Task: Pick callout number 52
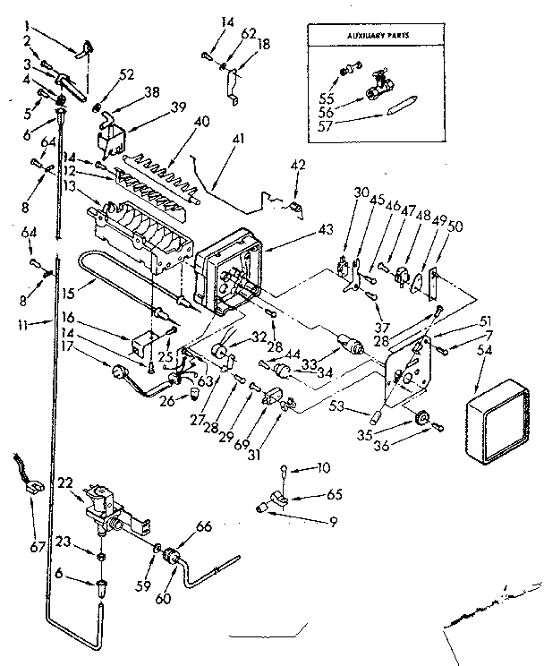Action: tap(127, 74)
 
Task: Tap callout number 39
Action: tap(179, 106)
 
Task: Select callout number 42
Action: tap(299, 165)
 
